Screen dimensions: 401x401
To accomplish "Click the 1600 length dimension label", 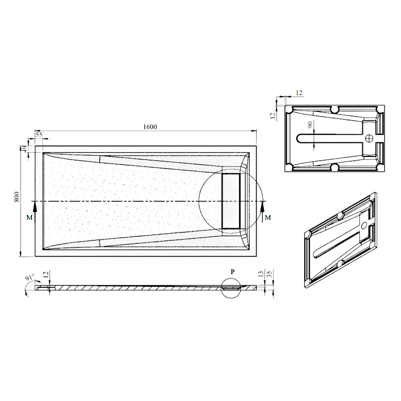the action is pos(150,127).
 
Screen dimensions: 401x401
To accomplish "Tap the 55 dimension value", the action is pos(39,135).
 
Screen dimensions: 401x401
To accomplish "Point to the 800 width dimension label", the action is pos(17,196).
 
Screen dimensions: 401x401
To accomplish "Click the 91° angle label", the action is pos(30,278).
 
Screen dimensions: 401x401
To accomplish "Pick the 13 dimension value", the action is pos(261,274).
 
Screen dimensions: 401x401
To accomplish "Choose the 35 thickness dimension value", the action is pos(269,274).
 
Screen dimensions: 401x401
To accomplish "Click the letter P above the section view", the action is pos(233,272).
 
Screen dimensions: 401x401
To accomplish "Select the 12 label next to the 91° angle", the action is pos(46,275).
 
